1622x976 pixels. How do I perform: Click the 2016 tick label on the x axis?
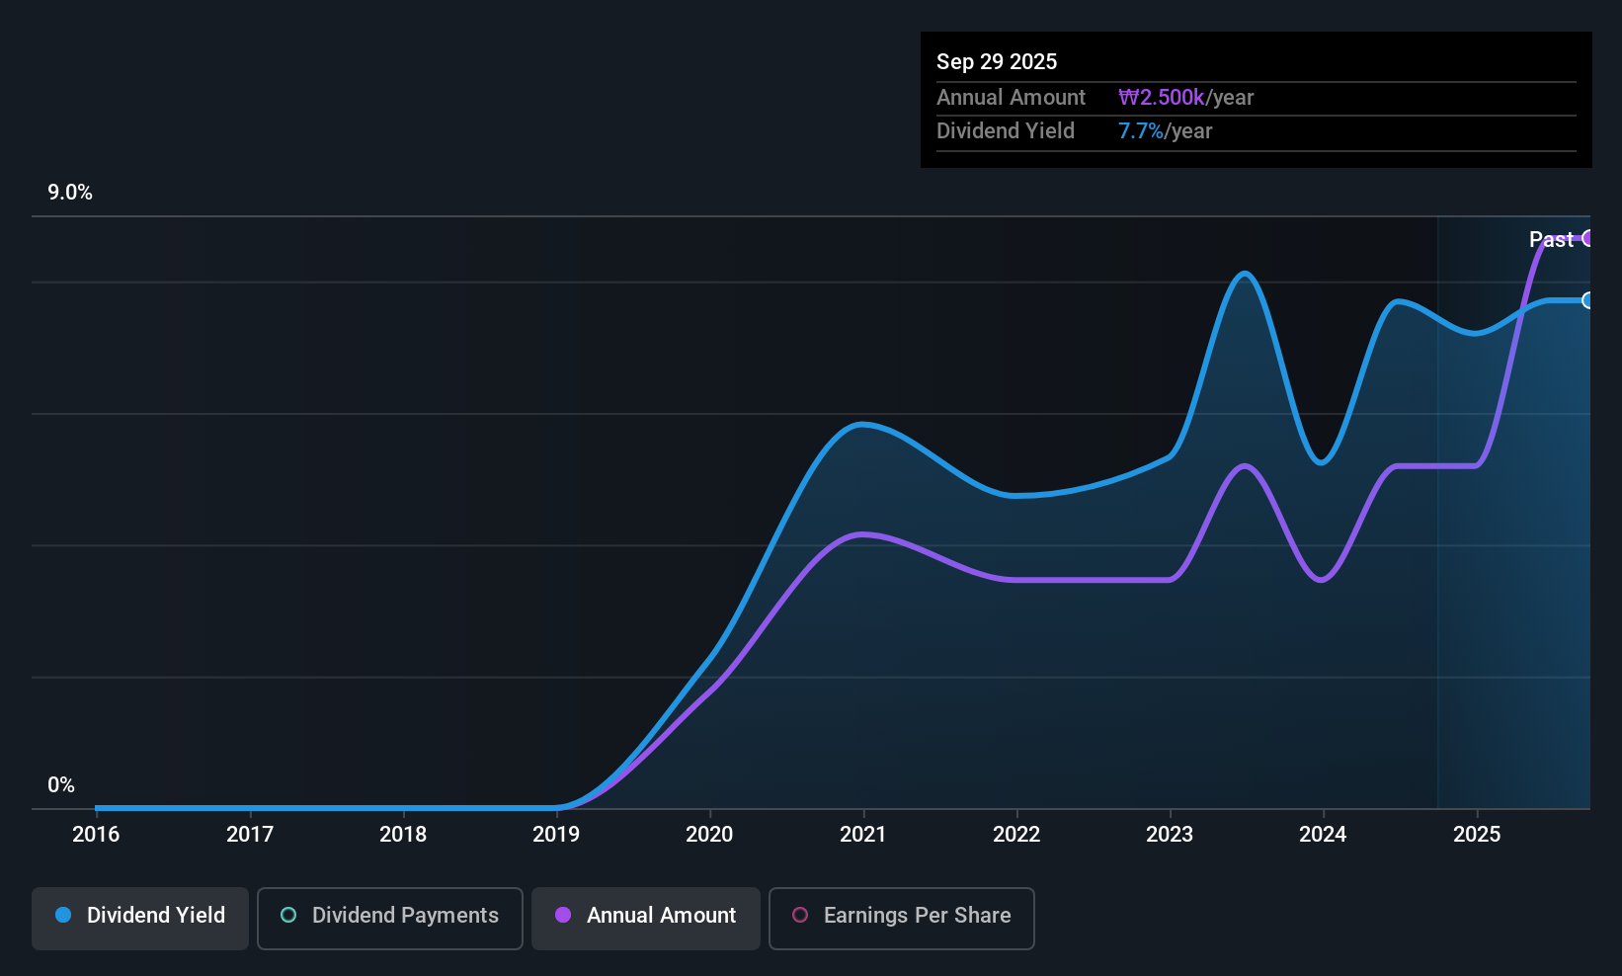coord(96,835)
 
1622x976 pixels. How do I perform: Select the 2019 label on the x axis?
coord(556,835)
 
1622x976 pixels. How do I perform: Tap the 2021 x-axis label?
coord(863,835)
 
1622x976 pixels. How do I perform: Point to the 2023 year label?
coord(1170,835)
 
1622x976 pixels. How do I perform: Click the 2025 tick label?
coord(1477,835)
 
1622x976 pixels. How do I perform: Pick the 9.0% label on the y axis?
coord(70,193)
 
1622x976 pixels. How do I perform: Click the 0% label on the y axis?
coord(61,785)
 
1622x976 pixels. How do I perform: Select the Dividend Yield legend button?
coord(140,916)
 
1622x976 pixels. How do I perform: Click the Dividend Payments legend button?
coord(390,916)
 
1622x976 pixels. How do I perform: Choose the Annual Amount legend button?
coord(646,916)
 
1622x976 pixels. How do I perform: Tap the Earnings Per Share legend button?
coord(902,916)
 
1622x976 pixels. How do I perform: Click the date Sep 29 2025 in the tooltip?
coord(997,61)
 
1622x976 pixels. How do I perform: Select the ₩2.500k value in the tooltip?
coord(1162,98)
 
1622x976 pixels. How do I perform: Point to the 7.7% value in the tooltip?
coord(1141,131)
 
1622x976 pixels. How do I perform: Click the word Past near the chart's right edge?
coord(1551,240)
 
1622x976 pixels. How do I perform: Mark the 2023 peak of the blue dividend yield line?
coord(1245,274)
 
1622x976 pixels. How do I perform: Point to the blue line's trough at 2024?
coord(1322,462)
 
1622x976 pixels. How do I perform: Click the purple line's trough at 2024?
coord(1322,580)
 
